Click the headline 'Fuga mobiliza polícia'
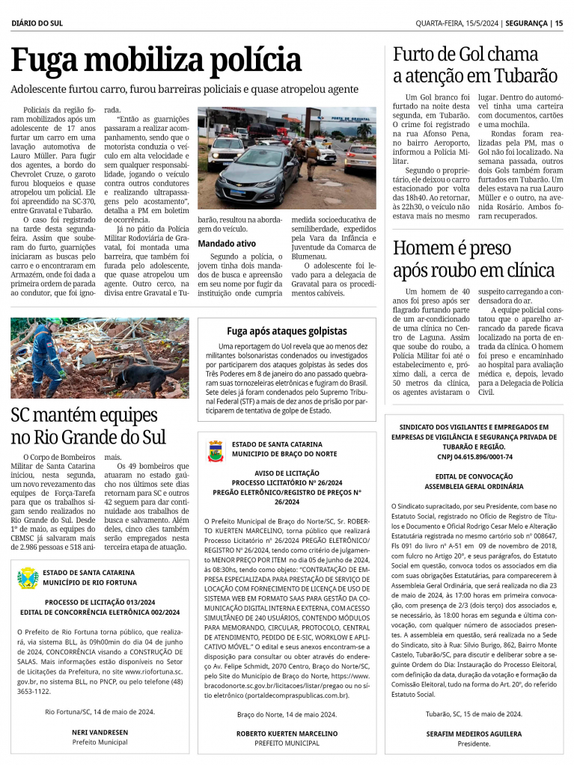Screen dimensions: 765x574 (x=156, y=61)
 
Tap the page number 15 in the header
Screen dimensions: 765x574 (x=558, y=23)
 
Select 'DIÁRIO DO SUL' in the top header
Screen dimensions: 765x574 (x=37, y=23)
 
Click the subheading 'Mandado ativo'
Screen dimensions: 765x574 (x=227, y=243)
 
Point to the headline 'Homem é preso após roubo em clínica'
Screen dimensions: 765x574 (x=474, y=259)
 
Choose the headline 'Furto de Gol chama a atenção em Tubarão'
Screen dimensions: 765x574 (x=475, y=64)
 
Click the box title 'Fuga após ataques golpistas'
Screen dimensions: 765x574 (x=287, y=331)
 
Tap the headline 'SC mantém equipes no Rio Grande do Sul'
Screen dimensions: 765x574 (x=88, y=425)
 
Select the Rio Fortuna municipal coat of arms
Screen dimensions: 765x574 (x=28, y=577)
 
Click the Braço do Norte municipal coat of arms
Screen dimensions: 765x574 (x=216, y=450)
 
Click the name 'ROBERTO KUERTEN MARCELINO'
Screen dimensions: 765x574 (x=287, y=734)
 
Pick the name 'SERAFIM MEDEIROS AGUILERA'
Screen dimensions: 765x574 (x=474, y=734)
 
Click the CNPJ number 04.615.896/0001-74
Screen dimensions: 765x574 (x=474, y=456)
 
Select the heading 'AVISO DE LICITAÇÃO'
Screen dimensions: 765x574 (x=287, y=473)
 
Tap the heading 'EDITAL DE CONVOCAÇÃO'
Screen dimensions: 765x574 (x=474, y=476)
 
